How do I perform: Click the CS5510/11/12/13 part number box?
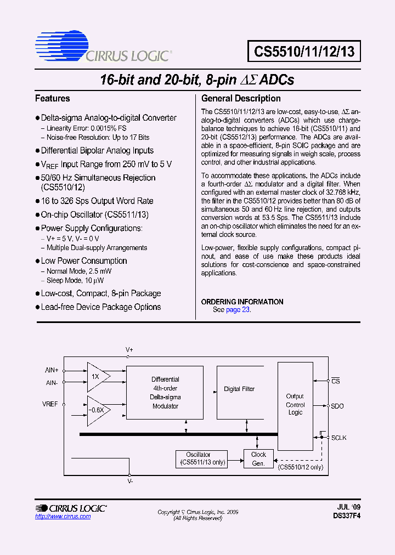[x=304, y=52]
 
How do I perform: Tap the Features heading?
[x=53, y=99]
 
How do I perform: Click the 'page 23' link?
[x=238, y=310]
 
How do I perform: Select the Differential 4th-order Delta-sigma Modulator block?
[x=165, y=393]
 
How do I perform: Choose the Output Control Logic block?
[x=295, y=404]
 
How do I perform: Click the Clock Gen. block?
[x=258, y=459]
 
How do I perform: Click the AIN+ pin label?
[x=52, y=370]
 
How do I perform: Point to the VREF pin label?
[x=50, y=404]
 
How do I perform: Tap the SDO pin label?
[x=337, y=406]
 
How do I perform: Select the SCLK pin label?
[x=338, y=438]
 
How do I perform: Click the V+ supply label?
[x=129, y=349]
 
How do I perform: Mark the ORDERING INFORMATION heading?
[x=242, y=302]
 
